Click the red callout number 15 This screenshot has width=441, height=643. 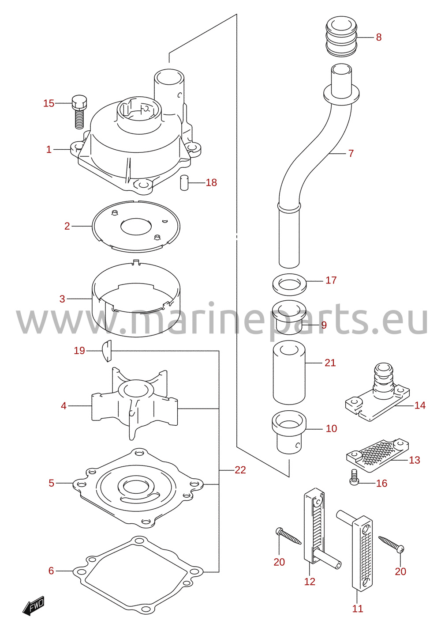[x=49, y=103]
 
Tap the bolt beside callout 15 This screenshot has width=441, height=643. [x=79, y=112]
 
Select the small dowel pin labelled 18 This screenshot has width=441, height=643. [x=184, y=182]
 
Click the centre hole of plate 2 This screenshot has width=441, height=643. [x=136, y=226]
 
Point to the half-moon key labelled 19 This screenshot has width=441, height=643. [x=106, y=351]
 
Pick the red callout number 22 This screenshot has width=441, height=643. [x=240, y=470]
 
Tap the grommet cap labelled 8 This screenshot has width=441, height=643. [x=341, y=36]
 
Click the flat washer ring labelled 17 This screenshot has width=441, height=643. [x=289, y=284]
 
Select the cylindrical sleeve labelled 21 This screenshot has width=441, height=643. [x=289, y=373]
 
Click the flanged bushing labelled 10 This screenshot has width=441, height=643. [x=289, y=432]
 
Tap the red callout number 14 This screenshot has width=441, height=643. [x=420, y=405]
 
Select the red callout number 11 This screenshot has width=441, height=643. [x=358, y=609]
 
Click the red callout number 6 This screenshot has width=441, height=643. [x=51, y=571]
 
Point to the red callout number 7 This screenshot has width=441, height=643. [x=351, y=153]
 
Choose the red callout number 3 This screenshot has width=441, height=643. [x=62, y=299]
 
